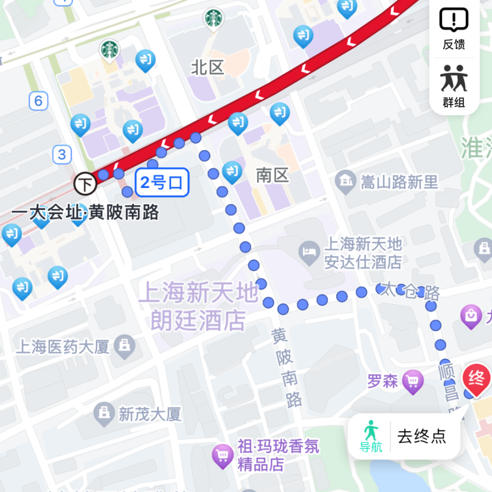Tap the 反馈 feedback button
454,28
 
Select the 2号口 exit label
162,183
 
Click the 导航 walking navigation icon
371,436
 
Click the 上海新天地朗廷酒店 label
199,306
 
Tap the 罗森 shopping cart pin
413,381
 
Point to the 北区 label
208,68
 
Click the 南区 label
272,176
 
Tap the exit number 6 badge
38,101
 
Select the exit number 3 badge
62,155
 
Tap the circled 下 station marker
86,184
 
